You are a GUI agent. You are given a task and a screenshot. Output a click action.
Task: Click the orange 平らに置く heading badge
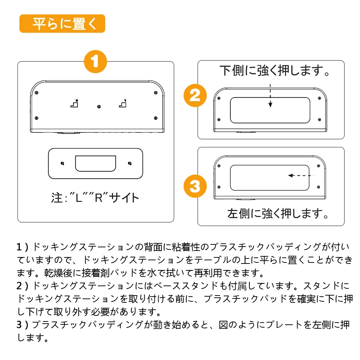[x=62, y=24]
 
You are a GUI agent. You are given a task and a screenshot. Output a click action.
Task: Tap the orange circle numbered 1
[x=95, y=62]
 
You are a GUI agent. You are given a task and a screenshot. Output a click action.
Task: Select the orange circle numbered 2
[x=194, y=96]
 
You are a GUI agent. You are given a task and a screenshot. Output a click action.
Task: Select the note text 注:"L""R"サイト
[x=95, y=198]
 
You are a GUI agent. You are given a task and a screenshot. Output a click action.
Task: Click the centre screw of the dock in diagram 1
[x=99, y=107]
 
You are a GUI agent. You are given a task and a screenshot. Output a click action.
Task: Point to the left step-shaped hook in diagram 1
[x=74, y=104]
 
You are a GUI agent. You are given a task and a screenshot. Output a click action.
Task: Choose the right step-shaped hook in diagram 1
[x=123, y=104]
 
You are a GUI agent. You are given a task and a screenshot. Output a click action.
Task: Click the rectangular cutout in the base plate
[x=95, y=163]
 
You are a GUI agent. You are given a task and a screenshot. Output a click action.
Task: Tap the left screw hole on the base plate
[x=62, y=163]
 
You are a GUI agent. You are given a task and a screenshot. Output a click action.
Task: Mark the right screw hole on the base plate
[x=130, y=163]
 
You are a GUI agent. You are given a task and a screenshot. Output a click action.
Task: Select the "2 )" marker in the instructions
[x=24, y=286]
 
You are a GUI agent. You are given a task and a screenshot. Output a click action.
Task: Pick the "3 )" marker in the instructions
[x=24, y=325]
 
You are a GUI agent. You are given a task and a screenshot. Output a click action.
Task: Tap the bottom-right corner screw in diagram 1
[x=155, y=118]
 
